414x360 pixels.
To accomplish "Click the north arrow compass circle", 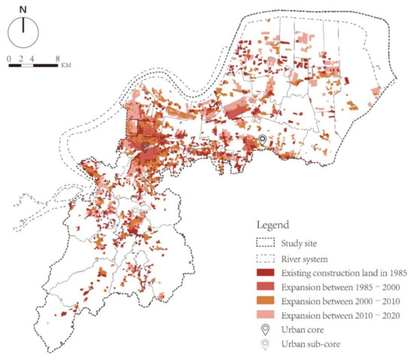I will coord(24,34).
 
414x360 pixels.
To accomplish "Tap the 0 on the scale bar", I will coord(9,58).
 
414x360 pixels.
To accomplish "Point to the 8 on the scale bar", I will coord(58,58).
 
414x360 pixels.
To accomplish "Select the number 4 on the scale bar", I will coord(33,58).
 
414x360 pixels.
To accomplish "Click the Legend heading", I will coord(274,225).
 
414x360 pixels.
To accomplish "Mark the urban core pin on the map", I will coord(145,146).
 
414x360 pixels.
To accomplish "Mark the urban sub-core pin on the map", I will coord(262,140).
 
